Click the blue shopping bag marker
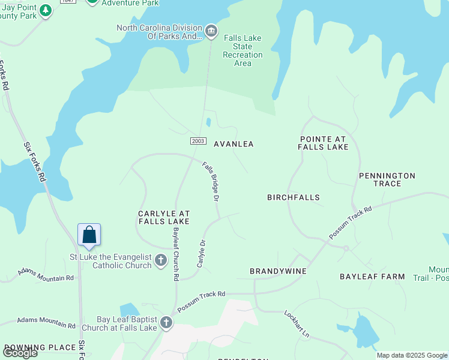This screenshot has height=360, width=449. [x=89, y=235]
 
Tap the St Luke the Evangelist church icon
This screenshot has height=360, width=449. [x=160, y=260]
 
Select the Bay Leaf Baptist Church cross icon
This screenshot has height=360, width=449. [x=166, y=323]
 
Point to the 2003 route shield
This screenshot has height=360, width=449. [x=198, y=140]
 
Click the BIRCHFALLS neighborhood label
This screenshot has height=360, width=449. [x=294, y=197]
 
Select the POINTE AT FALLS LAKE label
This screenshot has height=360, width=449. [x=324, y=143]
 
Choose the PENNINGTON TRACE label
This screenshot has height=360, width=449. [x=387, y=179]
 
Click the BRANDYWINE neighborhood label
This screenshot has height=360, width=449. [x=278, y=271]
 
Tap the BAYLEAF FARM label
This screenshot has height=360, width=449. [x=372, y=277]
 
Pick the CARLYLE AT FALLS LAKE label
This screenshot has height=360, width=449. [x=164, y=217]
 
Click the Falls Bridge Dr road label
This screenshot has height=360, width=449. [x=211, y=181]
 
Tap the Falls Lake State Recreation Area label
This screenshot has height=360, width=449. [x=243, y=50]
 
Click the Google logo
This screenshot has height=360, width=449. [x=20, y=352]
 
